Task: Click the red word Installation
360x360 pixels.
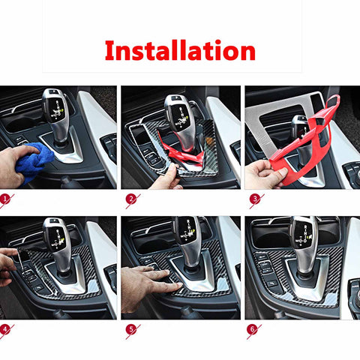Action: (x=180, y=50)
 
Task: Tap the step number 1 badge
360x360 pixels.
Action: (x=7, y=199)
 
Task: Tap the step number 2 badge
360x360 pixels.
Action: (x=130, y=199)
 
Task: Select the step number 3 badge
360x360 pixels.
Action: (x=254, y=199)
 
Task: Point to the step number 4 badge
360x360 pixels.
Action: (x=7, y=328)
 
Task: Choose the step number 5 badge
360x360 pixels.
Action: (x=130, y=328)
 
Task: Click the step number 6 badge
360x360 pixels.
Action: (x=254, y=328)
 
